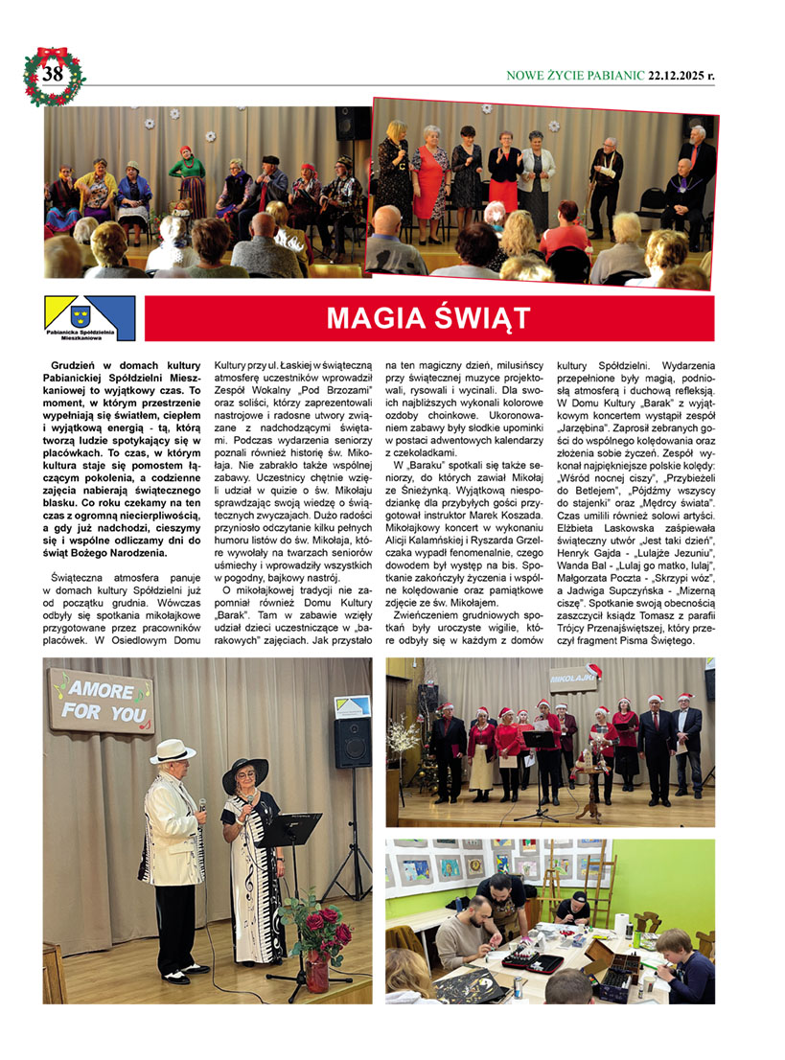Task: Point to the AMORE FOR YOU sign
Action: click(101, 700)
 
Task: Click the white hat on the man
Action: click(173, 750)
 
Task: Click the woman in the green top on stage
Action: click(188, 180)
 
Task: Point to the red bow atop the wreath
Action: click(53, 53)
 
